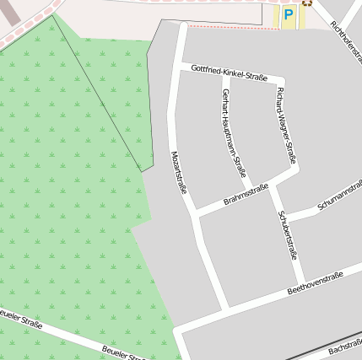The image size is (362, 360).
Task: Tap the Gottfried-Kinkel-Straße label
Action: pos(229,73)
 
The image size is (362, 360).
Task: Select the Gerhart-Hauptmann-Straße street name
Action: pos(232,131)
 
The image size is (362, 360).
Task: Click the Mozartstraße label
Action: pos(179,172)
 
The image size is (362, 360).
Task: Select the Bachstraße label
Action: pos(344,347)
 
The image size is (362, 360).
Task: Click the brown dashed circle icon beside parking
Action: pos(307,3)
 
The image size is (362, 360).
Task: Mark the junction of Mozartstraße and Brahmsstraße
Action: pos(193,212)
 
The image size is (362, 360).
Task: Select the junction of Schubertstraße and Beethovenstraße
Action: pos(301,286)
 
